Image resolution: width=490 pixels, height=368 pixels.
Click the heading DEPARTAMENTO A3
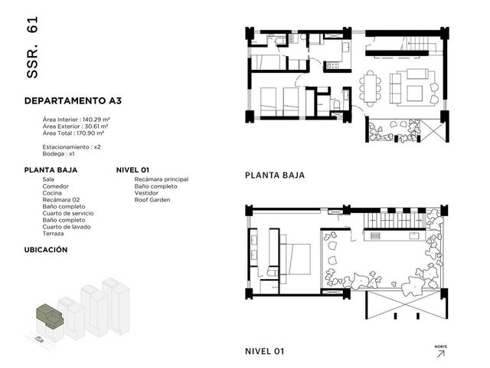point(73,100)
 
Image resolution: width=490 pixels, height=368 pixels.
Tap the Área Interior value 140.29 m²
point(96,120)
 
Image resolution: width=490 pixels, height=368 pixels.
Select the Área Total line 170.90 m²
point(73,133)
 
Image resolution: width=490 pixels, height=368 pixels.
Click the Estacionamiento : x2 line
point(71,147)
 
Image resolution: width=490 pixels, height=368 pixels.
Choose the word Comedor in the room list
point(55,186)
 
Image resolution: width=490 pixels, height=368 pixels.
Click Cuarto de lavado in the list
point(67,227)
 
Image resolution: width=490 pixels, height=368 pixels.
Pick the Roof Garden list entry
point(152,199)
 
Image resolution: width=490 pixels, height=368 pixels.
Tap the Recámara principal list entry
point(162,179)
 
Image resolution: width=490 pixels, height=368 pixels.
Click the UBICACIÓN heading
point(46,250)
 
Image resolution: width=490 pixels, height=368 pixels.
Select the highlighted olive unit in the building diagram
point(50,316)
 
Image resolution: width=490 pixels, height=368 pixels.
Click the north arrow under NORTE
point(441,353)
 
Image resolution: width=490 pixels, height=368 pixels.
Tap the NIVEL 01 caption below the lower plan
point(265,351)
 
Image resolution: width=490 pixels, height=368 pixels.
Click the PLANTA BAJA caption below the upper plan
point(275,176)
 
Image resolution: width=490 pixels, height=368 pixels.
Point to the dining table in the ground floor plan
point(371,89)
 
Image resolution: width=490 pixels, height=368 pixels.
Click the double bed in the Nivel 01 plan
point(295,259)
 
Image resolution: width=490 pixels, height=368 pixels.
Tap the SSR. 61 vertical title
point(32,47)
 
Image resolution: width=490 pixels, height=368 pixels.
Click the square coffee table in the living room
point(414,93)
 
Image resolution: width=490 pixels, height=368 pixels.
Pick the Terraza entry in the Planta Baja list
point(53,234)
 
